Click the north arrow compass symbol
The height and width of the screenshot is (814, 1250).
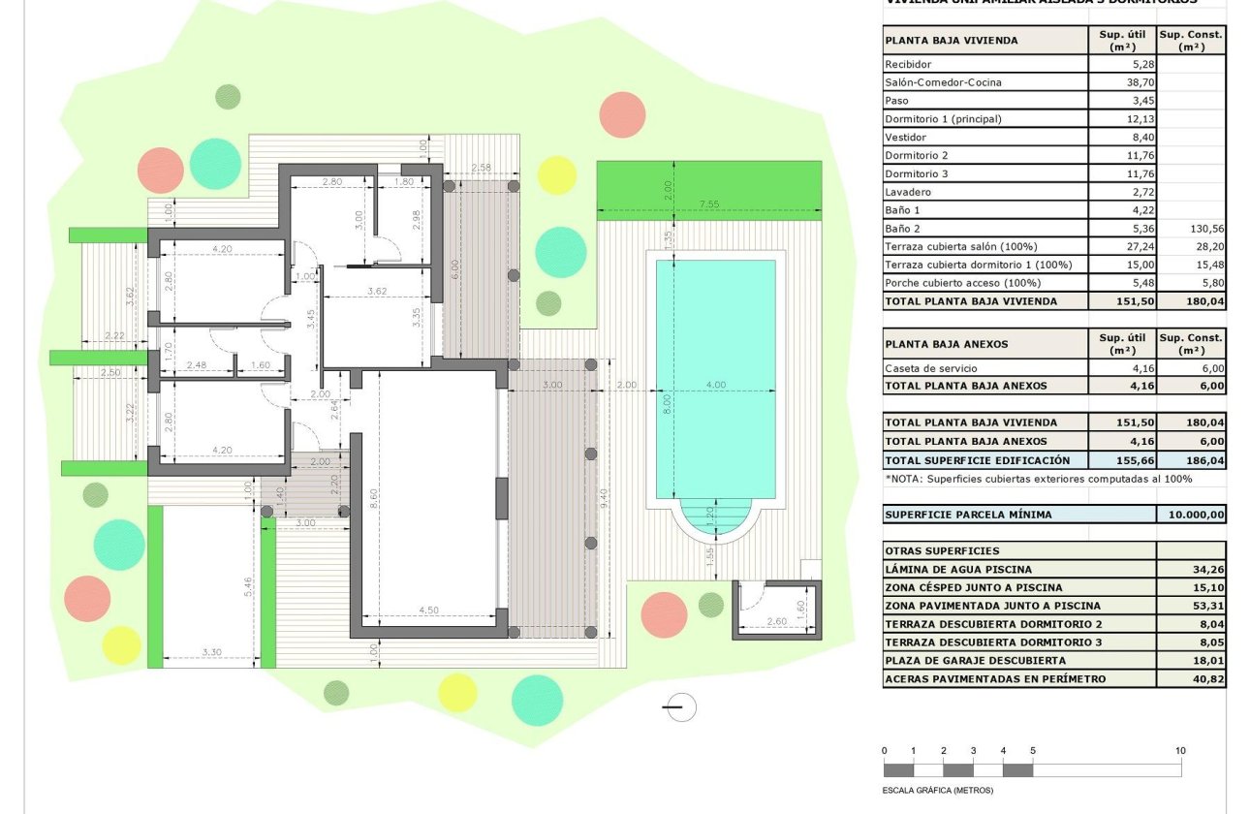[x=680, y=707]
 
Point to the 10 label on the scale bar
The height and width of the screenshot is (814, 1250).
[x=1179, y=751]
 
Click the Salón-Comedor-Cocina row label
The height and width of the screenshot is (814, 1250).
[x=929, y=82]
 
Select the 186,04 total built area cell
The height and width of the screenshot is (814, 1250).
[x=1191, y=460]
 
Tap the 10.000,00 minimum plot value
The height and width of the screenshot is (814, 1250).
[x=1191, y=515]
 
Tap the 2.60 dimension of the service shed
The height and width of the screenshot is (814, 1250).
[x=775, y=622]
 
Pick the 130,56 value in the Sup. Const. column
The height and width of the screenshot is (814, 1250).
[x=1191, y=229]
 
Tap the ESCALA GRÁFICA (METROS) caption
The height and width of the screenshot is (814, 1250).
[x=938, y=790]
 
